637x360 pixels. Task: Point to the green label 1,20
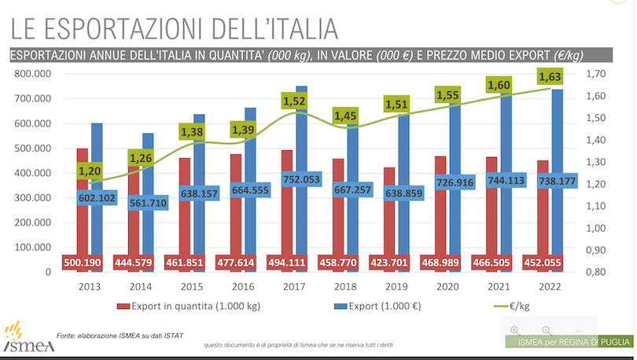pos(90,171)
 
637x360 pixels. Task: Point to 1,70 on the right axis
pos(596,74)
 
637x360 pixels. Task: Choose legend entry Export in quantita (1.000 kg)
pos(188,304)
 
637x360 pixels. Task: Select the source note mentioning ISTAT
pos(120,336)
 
